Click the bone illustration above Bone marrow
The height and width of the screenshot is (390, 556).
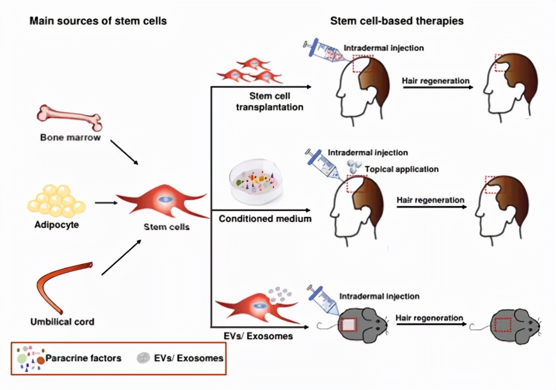(x=69, y=116)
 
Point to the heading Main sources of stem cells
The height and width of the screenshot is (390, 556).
(x=98, y=21)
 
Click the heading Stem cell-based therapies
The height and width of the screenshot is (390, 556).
(x=396, y=21)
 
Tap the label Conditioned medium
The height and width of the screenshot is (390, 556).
(x=265, y=219)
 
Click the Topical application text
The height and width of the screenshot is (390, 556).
(x=401, y=169)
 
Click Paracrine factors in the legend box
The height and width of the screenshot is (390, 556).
(x=83, y=358)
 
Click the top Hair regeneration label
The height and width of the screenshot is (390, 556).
(x=436, y=81)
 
